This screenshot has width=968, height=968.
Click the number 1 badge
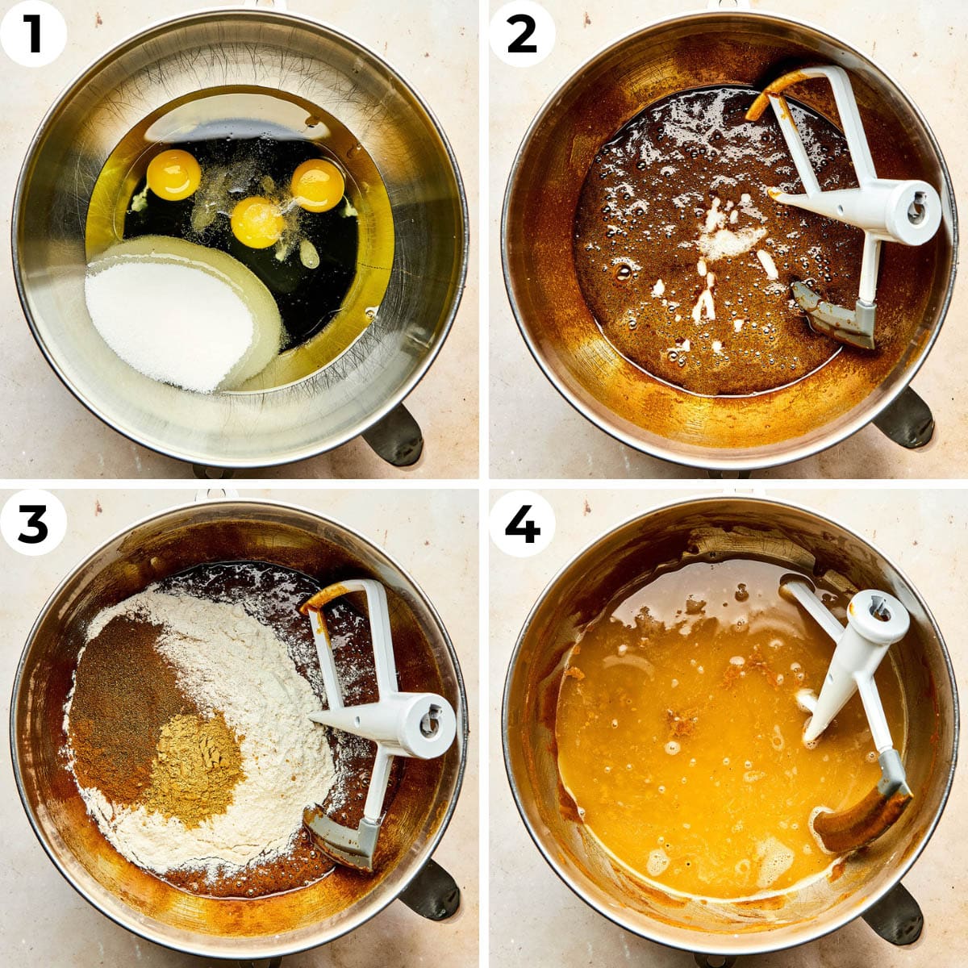pyautogui.click(x=33, y=34)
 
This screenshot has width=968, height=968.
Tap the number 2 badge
pyautogui.click(x=522, y=34)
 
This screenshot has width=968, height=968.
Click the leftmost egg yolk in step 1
pyautogui.click(x=173, y=174)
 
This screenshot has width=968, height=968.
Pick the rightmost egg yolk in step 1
pyautogui.click(x=317, y=185)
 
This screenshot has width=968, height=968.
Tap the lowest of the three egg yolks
pyautogui.click(x=257, y=222)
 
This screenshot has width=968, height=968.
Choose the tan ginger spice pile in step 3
pyautogui.click(x=194, y=766)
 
